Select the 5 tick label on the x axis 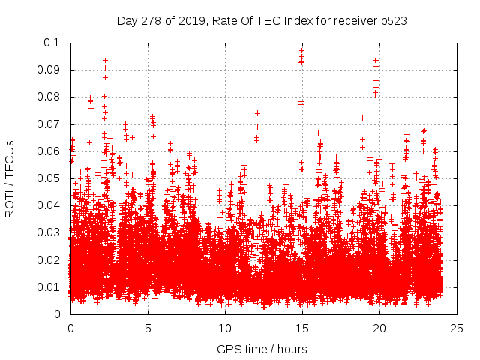pos(148,328)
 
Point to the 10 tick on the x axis pos(225,328)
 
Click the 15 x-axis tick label pos(302,328)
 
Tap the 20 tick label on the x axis pos(379,328)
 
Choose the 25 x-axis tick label pos(457,328)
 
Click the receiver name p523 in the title pos(393,20)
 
